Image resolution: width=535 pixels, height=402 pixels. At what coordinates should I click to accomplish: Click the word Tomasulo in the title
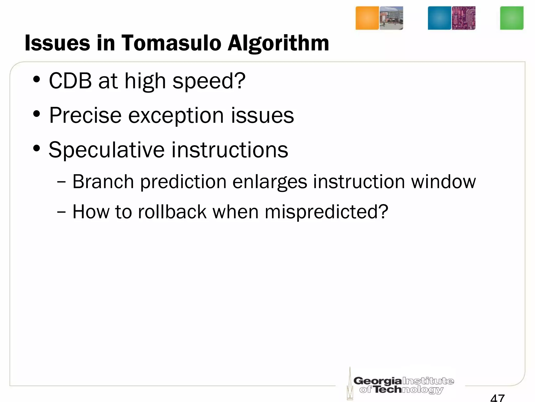tap(171, 43)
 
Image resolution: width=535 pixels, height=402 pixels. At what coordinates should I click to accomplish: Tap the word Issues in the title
tap(57, 43)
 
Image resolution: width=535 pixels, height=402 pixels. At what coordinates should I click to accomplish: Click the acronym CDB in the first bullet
tap(70, 81)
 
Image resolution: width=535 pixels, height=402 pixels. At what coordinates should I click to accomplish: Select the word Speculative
tap(107, 150)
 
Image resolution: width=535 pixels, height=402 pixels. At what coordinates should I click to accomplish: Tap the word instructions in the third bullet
tap(230, 150)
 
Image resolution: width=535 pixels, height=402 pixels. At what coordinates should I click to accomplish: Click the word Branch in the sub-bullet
tap(103, 182)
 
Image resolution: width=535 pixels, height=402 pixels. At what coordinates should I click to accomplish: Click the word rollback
tap(172, 212)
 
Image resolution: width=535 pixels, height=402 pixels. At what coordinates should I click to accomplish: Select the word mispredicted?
tap(326, 212)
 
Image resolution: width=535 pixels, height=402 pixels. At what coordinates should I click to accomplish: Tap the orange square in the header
tap(367, 18)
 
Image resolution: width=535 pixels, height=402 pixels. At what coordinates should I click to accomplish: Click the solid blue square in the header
tap(439, 18)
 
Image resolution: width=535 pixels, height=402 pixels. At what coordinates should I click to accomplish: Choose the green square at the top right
tap(511, 18)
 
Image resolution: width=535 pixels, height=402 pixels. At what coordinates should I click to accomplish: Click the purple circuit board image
tap(463, 18)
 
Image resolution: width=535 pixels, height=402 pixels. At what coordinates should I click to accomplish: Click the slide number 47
tap(497, 398)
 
